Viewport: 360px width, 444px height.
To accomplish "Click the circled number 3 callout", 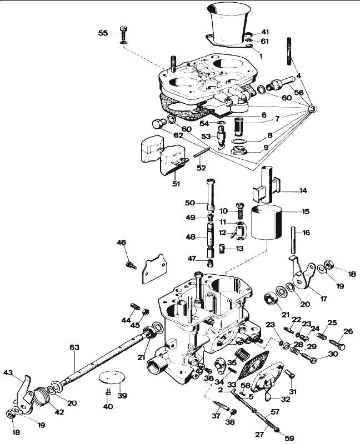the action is point(312,108).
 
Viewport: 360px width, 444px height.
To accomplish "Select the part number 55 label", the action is point(103,33).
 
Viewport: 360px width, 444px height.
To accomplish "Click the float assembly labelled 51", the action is point(163,154).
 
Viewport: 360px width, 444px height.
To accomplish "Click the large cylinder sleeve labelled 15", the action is point(266,223).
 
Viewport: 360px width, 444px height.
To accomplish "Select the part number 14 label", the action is point(303,190).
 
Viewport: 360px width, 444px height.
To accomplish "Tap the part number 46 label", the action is point(121,243).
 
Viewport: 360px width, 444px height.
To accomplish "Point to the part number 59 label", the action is point(289,438).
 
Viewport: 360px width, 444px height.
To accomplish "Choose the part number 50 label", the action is point(190,203).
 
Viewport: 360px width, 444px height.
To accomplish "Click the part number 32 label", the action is point(286,399).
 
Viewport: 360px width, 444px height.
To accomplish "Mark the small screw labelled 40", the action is point(108,392).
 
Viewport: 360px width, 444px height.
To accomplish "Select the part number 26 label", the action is point(348,331).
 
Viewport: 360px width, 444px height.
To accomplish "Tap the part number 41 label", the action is point(265,32).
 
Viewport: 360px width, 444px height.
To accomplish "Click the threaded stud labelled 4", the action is point(289,52).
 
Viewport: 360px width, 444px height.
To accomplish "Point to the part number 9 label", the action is point(266,148).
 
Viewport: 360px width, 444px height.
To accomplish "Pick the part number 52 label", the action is point(202,168).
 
